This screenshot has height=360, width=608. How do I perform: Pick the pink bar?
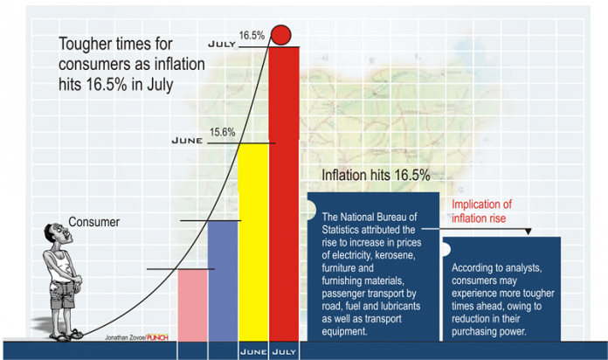pos(192,301)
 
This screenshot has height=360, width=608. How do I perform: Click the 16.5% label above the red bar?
pos(252,35)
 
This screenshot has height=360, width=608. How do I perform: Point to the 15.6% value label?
pos(222,132)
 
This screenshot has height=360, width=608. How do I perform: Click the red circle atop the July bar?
pos(281,35)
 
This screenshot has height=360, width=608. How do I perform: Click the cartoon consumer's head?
pos(53,235)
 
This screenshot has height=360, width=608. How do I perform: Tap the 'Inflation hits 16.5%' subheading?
pos(376,175)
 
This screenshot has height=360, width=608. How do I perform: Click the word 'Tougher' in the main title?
pos(87,44)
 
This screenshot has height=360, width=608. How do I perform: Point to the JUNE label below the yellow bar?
pos(252,351)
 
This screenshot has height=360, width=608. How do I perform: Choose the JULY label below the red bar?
pos(284,351)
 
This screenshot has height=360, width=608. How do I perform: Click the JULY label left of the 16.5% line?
pos(223,44)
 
